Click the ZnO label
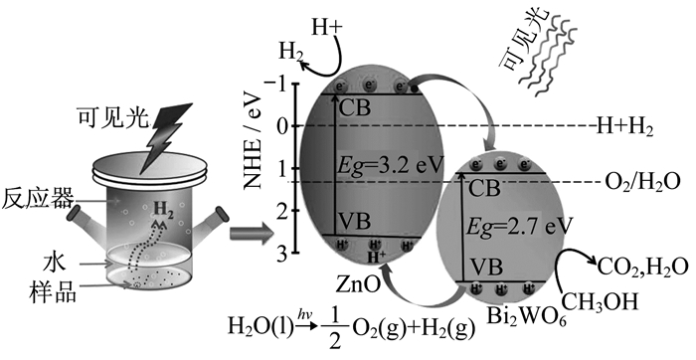pyautogui.click(x=358, y=284)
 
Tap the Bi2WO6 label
pyautogui.click(x=526, y=317)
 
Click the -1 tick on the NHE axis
pyautogui.click(x=277, y=84)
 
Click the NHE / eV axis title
pyautogui.click(x=255, y=134)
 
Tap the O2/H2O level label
pyautogui.click(x=642, y=182)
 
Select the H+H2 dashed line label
pyautogui.click(x=624, y=127)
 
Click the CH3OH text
pyautogui.click(x=600, y=301)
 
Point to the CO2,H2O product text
pyautogui.click(x=642, y=268)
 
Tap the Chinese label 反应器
pyautogui.click(x=38, y=199)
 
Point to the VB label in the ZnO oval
pyautogui.click(x=354, y=220)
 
